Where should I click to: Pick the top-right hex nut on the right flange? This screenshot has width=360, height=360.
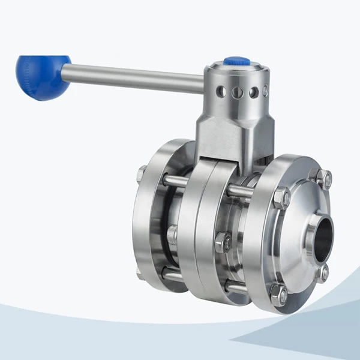323,178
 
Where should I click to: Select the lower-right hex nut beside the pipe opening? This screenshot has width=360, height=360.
323,274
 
